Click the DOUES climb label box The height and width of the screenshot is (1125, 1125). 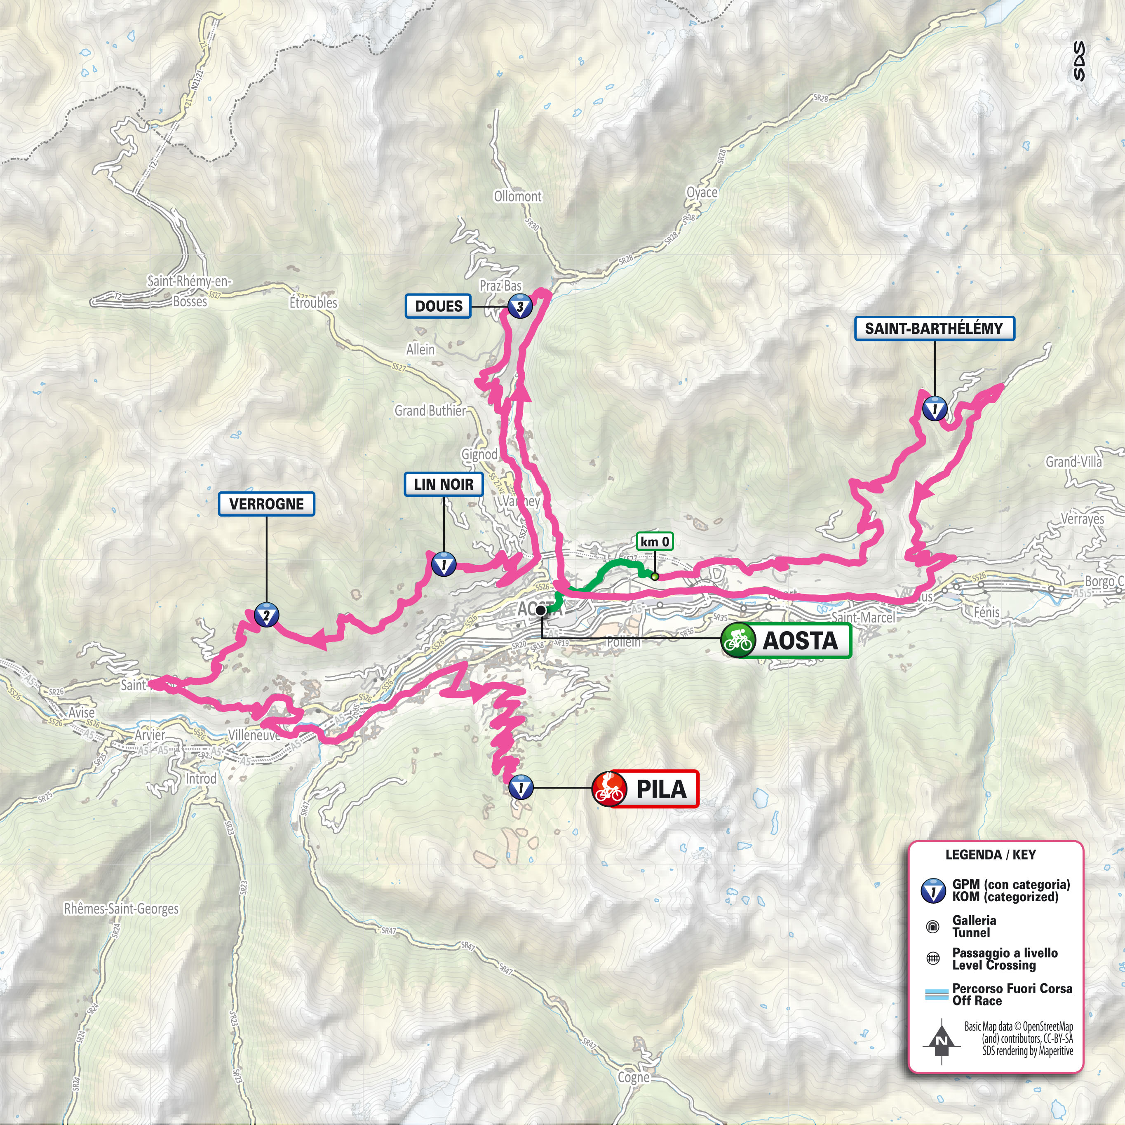coord(438,306)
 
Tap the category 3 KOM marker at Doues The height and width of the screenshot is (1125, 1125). coord(520,306)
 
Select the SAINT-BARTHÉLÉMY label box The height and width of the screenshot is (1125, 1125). coord(934,329)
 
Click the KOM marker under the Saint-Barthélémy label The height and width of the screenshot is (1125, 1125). coord(935,409)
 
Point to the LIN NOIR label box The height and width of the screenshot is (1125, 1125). coord(443,484)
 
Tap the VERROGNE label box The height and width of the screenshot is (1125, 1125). coord(266,504)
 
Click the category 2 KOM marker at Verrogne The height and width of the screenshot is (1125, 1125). coord(266,615)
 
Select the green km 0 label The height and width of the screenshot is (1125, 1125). coord(655,542)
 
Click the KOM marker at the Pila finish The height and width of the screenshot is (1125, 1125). coord(521,788)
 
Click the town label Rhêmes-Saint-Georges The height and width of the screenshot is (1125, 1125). coord(121,909)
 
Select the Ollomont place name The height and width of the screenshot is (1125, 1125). coord(518,197)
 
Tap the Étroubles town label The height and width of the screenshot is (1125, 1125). coord(313,303)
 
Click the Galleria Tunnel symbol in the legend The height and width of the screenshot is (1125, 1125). coord(932,926)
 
